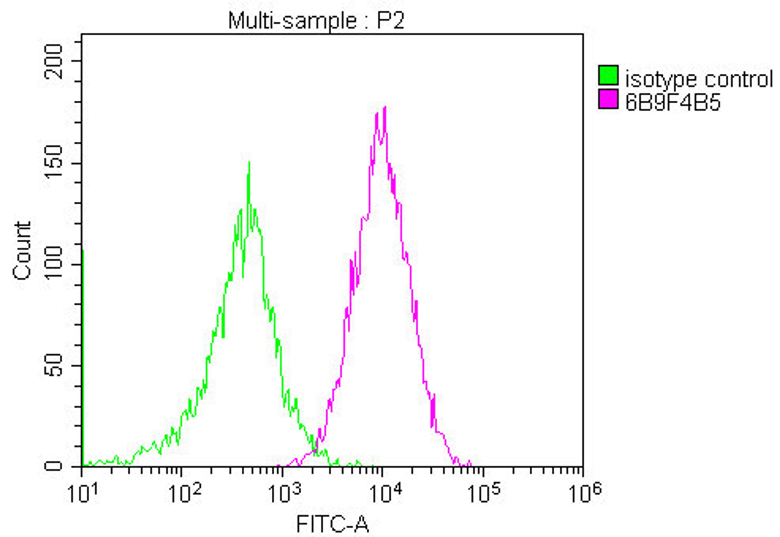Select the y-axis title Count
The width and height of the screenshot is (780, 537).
22,251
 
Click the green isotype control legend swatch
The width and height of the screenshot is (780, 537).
608,75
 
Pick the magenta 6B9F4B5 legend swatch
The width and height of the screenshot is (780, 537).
608,99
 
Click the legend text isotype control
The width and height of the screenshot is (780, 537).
699,79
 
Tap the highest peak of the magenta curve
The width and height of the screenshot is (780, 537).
385,107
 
